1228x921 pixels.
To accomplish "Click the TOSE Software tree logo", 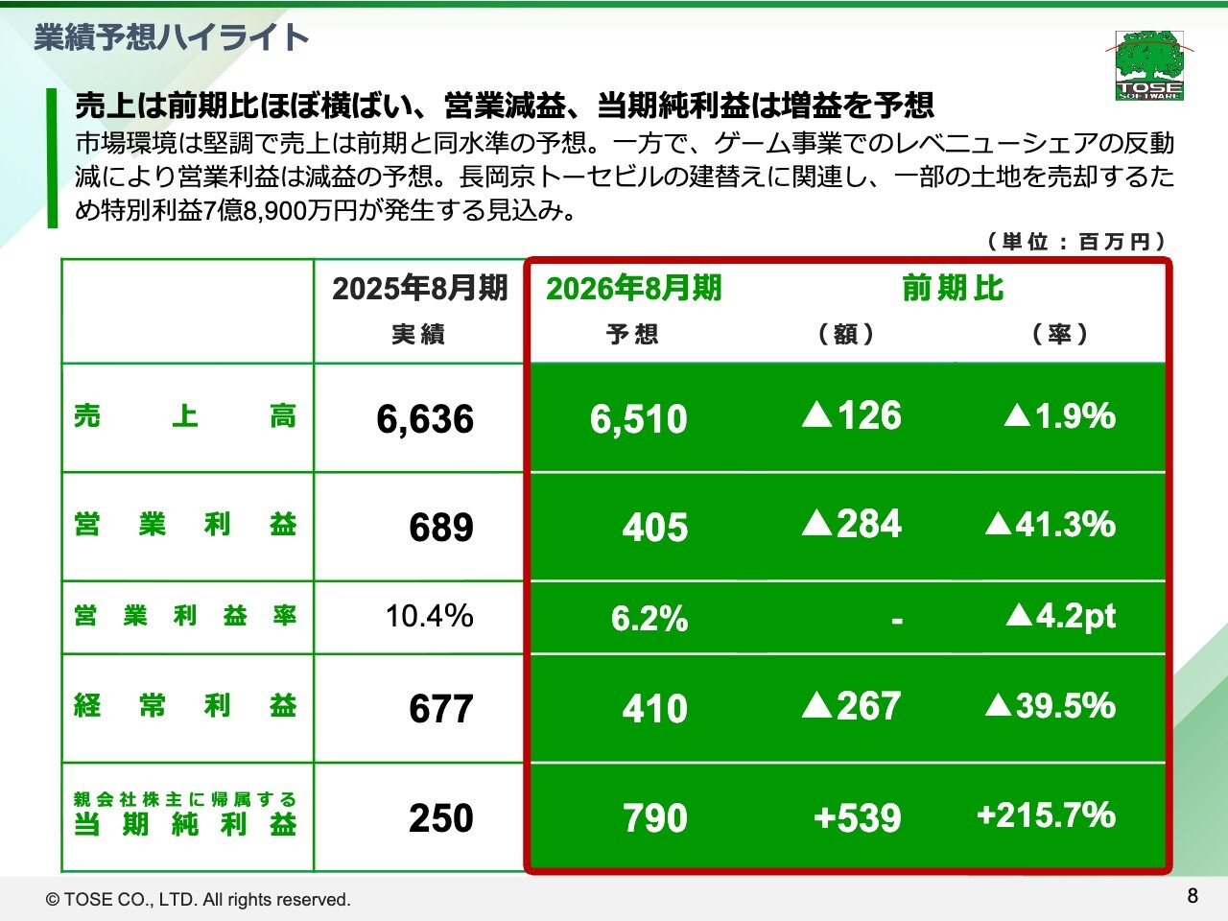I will click(1149, 64).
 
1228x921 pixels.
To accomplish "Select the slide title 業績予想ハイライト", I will click(172, 37).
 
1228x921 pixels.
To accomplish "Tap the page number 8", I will click(1193, 895).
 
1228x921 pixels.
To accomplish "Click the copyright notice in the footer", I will click(199, 900).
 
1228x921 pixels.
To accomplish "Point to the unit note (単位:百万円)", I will click(1075, 241).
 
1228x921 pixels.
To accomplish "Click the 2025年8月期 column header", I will click(419, 288).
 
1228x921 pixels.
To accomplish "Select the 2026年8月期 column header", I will click(633, 288).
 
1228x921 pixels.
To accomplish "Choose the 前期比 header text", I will click(953, 288).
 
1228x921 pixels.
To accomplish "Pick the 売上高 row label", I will click(185, 416).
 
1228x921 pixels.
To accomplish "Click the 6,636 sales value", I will click(425, 419).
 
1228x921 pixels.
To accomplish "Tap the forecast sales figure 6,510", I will click(639, 419).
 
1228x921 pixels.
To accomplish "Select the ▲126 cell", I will click(852, 415).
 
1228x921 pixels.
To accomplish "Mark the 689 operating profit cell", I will click(441, 528).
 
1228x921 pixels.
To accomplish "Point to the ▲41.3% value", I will click(1051, 524).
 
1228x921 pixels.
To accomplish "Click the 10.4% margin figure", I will click(429, 616).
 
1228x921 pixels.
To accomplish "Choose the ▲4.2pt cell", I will click(1061, 616).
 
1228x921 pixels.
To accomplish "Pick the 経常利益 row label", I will click(185, 706).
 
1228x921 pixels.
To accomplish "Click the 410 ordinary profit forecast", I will click(655, 709).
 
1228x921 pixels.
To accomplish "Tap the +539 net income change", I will click(857, 818).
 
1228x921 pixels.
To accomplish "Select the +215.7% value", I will click(1046, 815).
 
